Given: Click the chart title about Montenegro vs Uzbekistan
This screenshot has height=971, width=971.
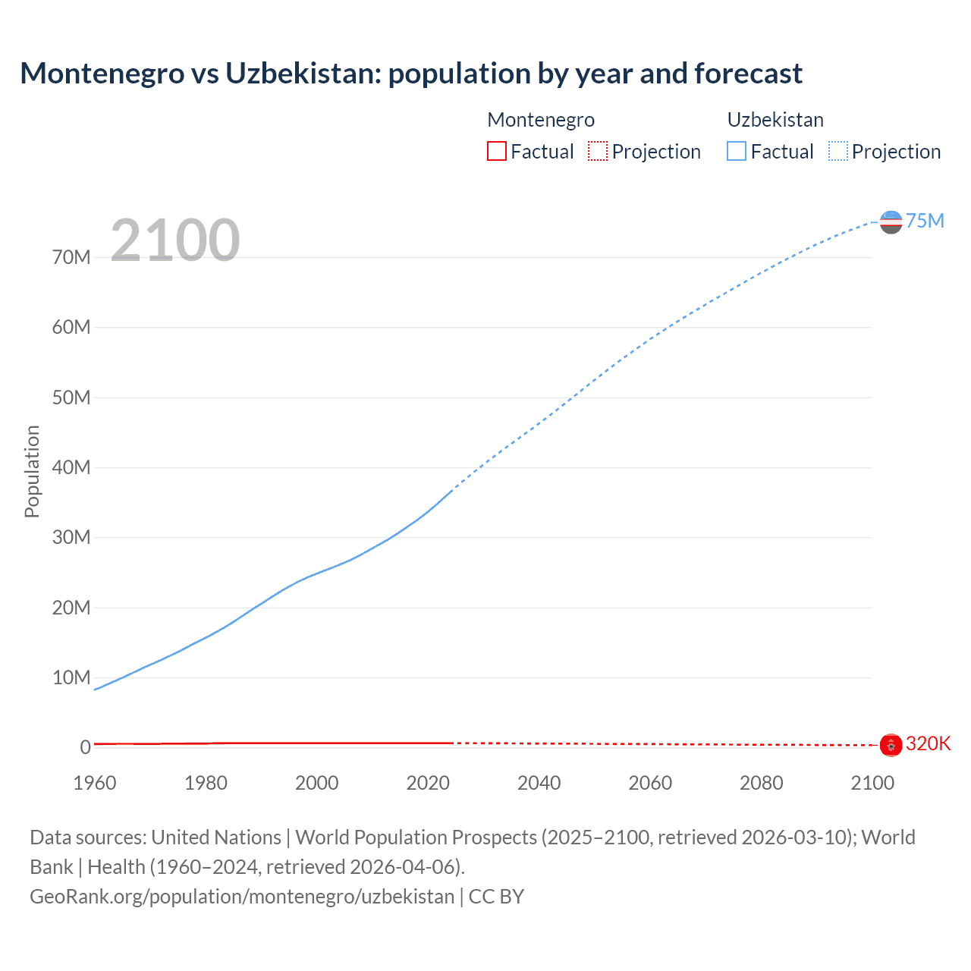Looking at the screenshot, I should tap(410, 74).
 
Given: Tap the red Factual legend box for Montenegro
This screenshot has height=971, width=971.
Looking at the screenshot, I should tap(496, 151).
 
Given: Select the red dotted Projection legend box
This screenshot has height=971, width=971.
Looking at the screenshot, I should tap(598, 151).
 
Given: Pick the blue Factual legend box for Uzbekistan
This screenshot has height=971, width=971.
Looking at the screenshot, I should tap(737, 151).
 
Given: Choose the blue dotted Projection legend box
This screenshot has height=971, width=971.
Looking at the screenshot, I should tap(838, 151).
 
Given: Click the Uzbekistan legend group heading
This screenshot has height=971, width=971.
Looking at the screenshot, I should tap(775, 120).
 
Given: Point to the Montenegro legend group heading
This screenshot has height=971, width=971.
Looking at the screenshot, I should tap(540, 120).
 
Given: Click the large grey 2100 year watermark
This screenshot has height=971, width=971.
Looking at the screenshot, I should tap(175, 240).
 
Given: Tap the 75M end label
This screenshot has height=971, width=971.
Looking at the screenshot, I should tap(925, 221).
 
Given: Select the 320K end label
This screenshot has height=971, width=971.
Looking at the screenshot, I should tap(928, 743).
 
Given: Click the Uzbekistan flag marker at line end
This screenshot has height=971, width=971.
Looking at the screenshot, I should tap(891, 222).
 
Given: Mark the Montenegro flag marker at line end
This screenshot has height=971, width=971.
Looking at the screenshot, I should tap(891, 745).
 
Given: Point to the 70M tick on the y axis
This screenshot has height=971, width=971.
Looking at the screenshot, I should tap(71, 257).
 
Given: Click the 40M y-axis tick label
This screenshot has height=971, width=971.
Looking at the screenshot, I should tap(71, 467).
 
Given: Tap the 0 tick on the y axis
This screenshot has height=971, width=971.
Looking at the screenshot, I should tap(85, 747).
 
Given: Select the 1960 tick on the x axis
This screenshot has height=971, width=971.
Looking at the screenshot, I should tap(95, 783).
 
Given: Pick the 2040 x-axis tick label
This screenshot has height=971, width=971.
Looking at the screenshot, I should tap(539, 783).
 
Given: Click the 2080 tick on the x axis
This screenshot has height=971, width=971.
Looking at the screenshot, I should tap(761, 783).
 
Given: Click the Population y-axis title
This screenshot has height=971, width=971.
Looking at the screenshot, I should tap(32, 471).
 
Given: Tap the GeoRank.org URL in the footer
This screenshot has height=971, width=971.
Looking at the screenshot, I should tap(242, 897).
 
